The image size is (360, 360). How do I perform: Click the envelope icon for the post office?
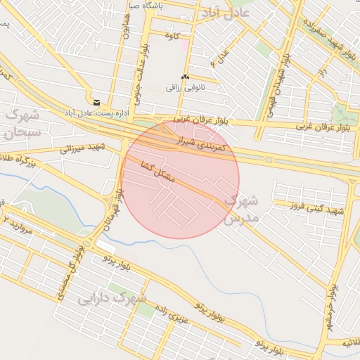coord(96,102)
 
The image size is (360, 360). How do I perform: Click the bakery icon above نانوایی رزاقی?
coord(185,77)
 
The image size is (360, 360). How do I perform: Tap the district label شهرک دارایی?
coord(112,298)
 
